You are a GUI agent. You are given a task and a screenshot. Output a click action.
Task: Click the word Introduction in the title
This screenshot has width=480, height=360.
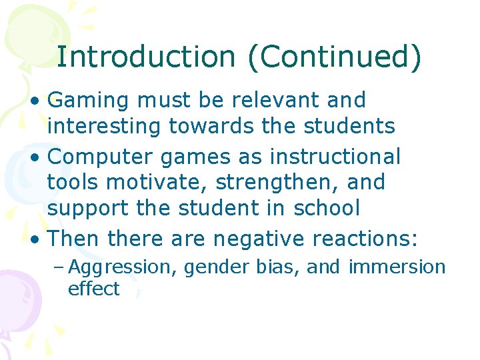pyautogui.click(x=146, y=57)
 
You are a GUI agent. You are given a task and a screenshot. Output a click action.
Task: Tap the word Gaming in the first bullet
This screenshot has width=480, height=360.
pyautogui.click(x=89, y=101)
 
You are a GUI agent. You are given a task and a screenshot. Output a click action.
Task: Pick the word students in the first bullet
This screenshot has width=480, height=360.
pyautogui.click(x=351, y=125)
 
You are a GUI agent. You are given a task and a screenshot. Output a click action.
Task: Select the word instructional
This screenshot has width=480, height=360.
pyautogui.click(x=335, y=157)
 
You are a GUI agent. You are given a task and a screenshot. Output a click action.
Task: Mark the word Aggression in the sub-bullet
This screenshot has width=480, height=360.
pyautogui.click(x=123, y=268)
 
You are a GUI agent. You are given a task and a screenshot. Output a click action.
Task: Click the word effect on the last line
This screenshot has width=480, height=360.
pyautogui.click(x=93, y=289)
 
